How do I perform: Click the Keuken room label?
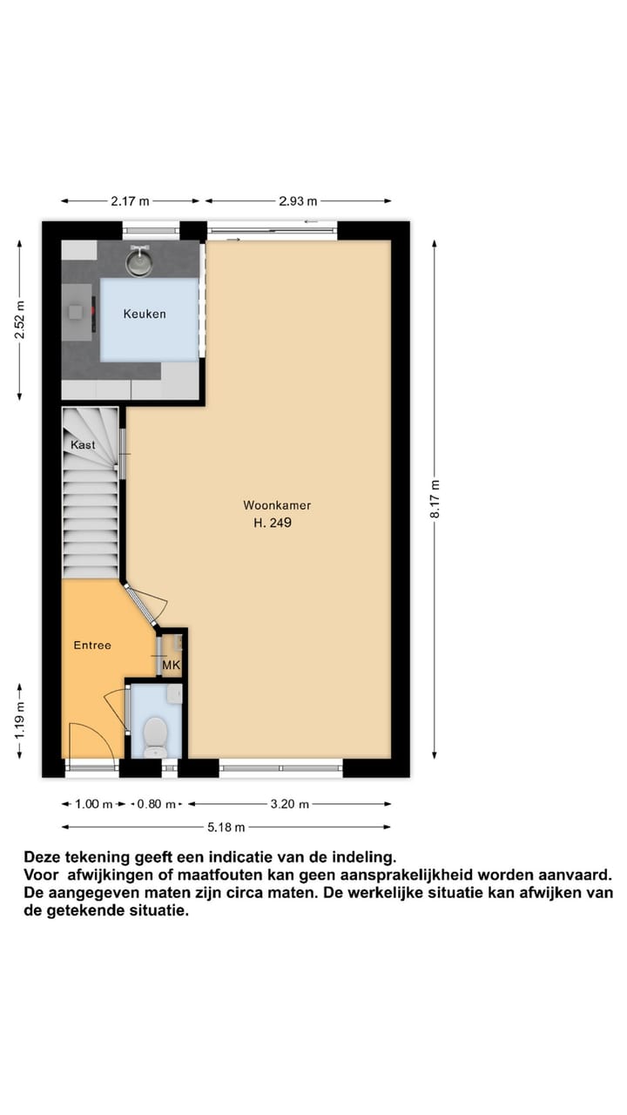coord(145,314)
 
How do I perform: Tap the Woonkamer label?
coord(277,505)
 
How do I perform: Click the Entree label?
coord(91,645)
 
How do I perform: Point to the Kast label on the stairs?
coord(84,445)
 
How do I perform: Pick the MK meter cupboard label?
coord(172,666)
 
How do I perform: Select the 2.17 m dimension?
coord(130,201)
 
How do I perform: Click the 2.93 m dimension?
coord(299,201)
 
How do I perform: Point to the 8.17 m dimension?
coord(435,500)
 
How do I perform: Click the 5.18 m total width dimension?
coord(226,828)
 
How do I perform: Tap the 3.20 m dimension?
coord(290,805)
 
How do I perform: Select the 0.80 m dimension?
coord(157,805)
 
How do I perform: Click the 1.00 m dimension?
coord(94,805)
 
